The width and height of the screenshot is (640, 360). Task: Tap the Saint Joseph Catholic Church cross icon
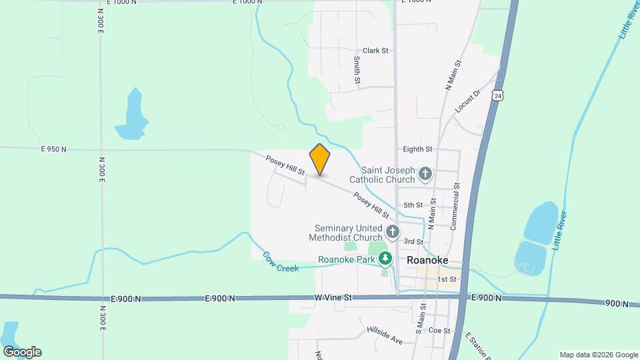pos(426,175)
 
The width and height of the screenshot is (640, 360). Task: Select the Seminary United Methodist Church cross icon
pos(393,232)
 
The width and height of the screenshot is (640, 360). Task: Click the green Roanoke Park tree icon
pos(384,259)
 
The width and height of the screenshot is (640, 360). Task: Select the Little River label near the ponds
pos(559,231)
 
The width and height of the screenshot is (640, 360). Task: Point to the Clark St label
pos(375,51)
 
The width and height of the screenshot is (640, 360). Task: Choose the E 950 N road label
pos(53,149)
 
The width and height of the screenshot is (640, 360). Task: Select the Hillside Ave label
pos(385,335)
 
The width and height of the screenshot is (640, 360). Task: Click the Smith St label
pos(357,70)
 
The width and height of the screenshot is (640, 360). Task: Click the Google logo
pos(21,352)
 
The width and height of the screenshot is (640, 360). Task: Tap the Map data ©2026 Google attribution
pos(598,355)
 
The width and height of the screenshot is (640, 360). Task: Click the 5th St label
pos(413,205)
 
